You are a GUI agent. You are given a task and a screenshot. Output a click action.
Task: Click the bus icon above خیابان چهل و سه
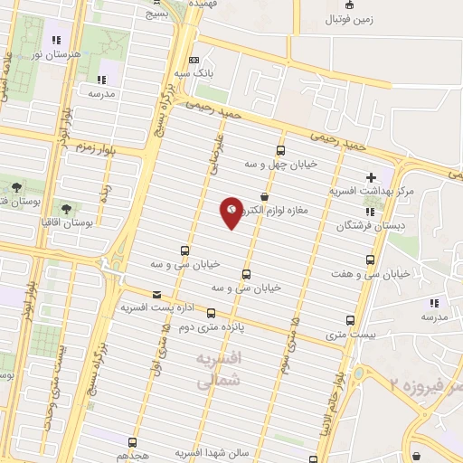click(x=279, y=151)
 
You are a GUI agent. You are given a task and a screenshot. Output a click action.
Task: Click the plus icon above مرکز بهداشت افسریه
click(x=371, y=177)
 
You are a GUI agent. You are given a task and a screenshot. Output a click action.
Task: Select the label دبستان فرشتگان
click(x=368, y=226)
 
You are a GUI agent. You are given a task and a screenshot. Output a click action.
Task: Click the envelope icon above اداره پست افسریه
click(x=157, y=294)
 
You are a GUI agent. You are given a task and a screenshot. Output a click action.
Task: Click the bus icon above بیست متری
click(x=350, y=320)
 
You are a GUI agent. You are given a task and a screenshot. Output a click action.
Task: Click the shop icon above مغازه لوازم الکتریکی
click(x=264, y=196)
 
